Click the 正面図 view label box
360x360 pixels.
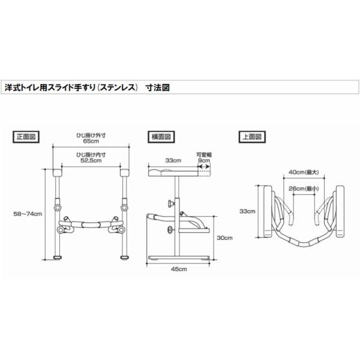tap(26, 137)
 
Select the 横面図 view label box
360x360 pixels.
tap(161, 137)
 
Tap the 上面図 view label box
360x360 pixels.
tap(252, 137)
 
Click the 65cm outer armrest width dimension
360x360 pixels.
tap(91, 141)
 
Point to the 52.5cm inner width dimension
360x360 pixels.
tap(91, 160)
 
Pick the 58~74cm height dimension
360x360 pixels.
tap(28, 214)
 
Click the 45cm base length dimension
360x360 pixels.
tap(179, 269)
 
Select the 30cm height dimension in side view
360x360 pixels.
tap(224, 238)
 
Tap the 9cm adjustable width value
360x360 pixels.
tap(204, 160)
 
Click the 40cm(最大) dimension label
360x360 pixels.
tap(304, 172)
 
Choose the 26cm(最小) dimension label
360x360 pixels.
tap(304, 188)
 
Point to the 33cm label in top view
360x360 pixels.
tap(247, 211)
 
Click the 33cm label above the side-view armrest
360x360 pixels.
tap(173, 160)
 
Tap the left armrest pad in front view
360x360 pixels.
tap(57, 173)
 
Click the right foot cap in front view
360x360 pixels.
tap(125, 257)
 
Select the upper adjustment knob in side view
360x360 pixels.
tap(171, 203)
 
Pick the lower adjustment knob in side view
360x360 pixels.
tap(171, 229)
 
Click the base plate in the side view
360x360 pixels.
tap(178, 257)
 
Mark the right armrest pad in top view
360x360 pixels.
tap(340, 211)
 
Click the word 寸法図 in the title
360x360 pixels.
tap(158, 88)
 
